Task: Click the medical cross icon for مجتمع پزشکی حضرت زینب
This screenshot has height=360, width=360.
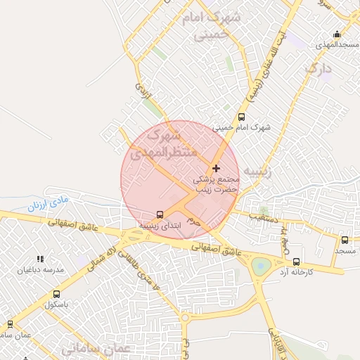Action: pyautogui.click(x=216, y=168)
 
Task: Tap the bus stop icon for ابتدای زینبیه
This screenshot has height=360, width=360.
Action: pyautogui.click(x=160, y=214)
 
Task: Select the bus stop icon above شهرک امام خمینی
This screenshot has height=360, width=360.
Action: pyautogui.click(x=242, y=117)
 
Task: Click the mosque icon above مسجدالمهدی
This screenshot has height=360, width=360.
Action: pyautogui.click(x=337, y=34)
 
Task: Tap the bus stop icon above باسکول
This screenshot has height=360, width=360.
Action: pyautogui.click(x=56, y=294)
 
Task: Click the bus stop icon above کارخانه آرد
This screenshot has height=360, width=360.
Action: pyautogui.click(x=295, y=262)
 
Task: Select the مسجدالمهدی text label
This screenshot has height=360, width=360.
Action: pyautogui.click(x=330, y=45)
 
